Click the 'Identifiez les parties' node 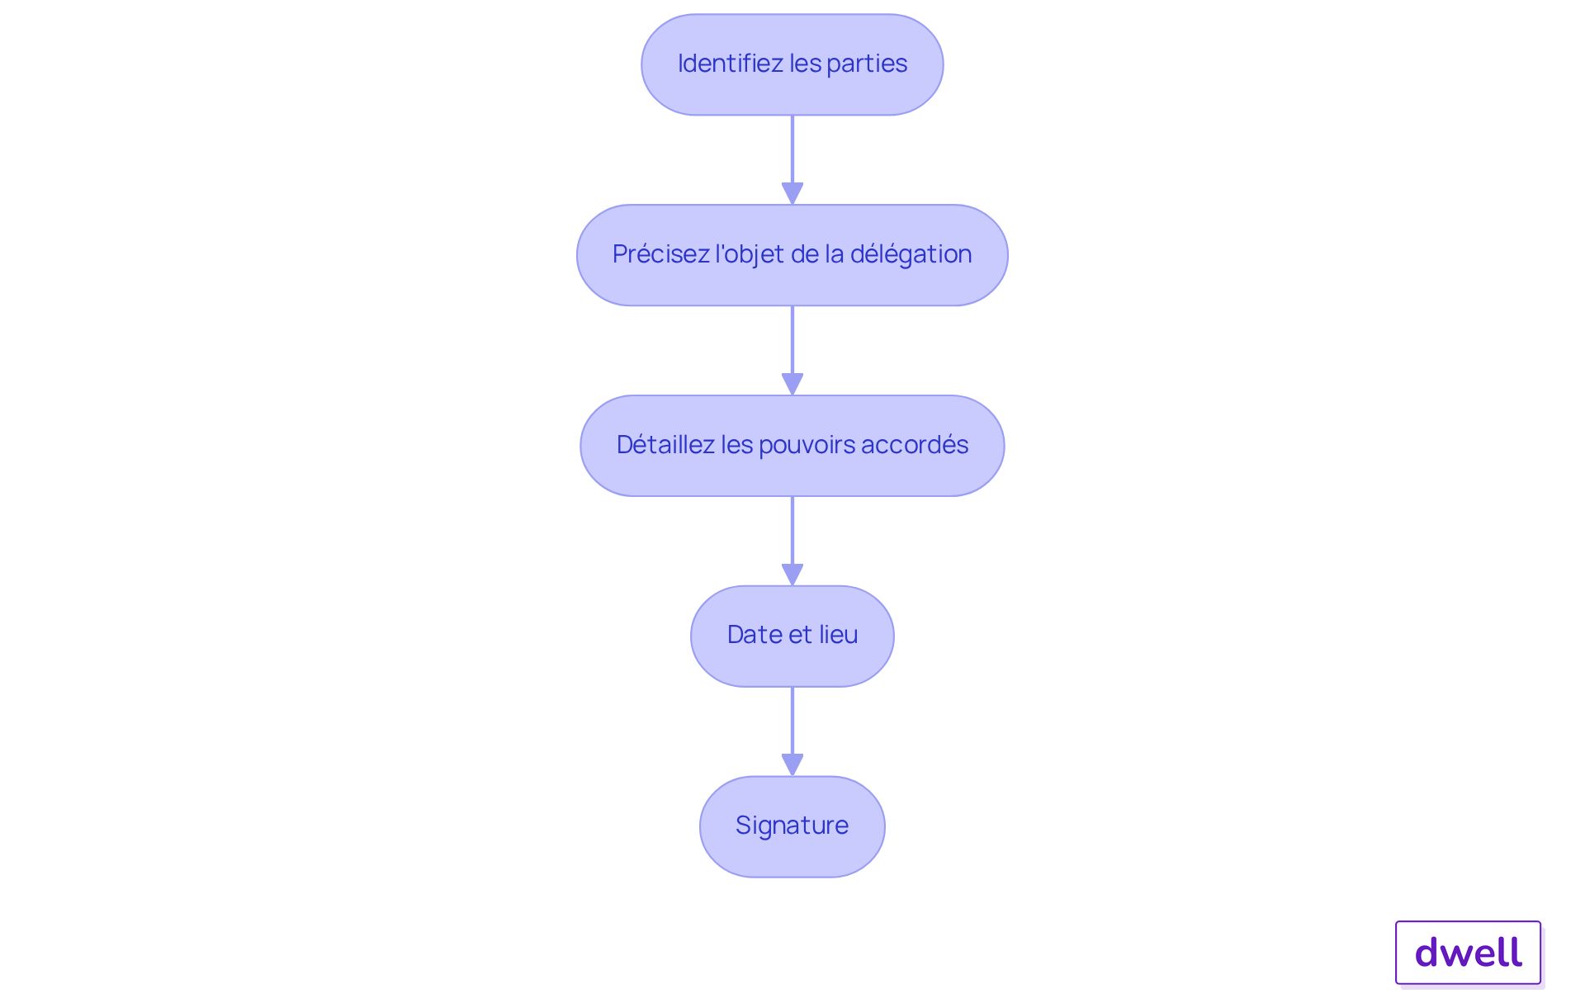pyautogui.click(x=792, y=64)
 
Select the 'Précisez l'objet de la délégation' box pyautogui.click(x=792, y=255)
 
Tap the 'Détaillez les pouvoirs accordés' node pyautogui.click(x=792, y=446)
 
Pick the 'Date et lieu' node pyautogui.click(x=792, y=636)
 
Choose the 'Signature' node pyautogui.click(x=792, y=826)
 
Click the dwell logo pyautogui.click(x=1469, y=953)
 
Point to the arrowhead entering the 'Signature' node pyautogui.click(x=792, y=765)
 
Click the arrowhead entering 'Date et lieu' pyautogui.click(x=792, y=575)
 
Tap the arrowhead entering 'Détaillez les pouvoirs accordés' pyautogui.click(x=792, y=385)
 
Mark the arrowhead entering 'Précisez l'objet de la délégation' pyautogui.click(x=792, y=194)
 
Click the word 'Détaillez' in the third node pyautogui.click(x=665, y=444)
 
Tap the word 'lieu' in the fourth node pyautogui.click(x=839, y=635)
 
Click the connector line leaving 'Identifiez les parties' pyautogui.click(x=792, y=149)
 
